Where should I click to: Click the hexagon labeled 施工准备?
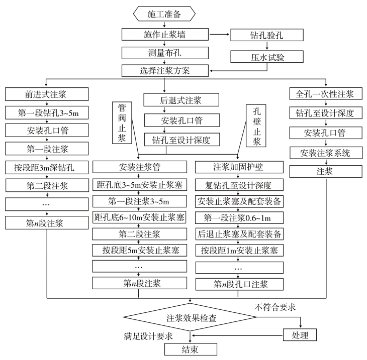coord(164,14)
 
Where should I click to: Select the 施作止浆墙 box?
coord(165,35)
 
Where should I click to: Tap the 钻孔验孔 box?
coord(267,35)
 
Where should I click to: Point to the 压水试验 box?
coord(267,57)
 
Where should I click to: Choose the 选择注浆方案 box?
coord(165,71)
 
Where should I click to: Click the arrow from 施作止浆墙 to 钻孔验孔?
coord(220,34)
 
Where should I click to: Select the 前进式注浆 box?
coord(47,94)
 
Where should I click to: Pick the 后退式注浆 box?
coord(181,100)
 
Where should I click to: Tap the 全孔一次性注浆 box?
coord(326,94)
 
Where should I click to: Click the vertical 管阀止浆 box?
coord(122,123)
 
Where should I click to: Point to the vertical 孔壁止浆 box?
coord(256,126)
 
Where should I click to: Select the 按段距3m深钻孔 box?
coord(47,167)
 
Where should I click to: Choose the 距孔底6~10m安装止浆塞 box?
coord(139,217)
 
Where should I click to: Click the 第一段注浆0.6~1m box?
coord(239,218)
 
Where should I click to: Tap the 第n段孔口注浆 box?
coord(239,284)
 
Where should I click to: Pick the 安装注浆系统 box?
coord(326,153)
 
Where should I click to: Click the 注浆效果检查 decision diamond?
coord(190,317)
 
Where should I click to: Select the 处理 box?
coord(300,335)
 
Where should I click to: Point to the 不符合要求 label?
coord(275,307)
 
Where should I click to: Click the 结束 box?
coord(191,349)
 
